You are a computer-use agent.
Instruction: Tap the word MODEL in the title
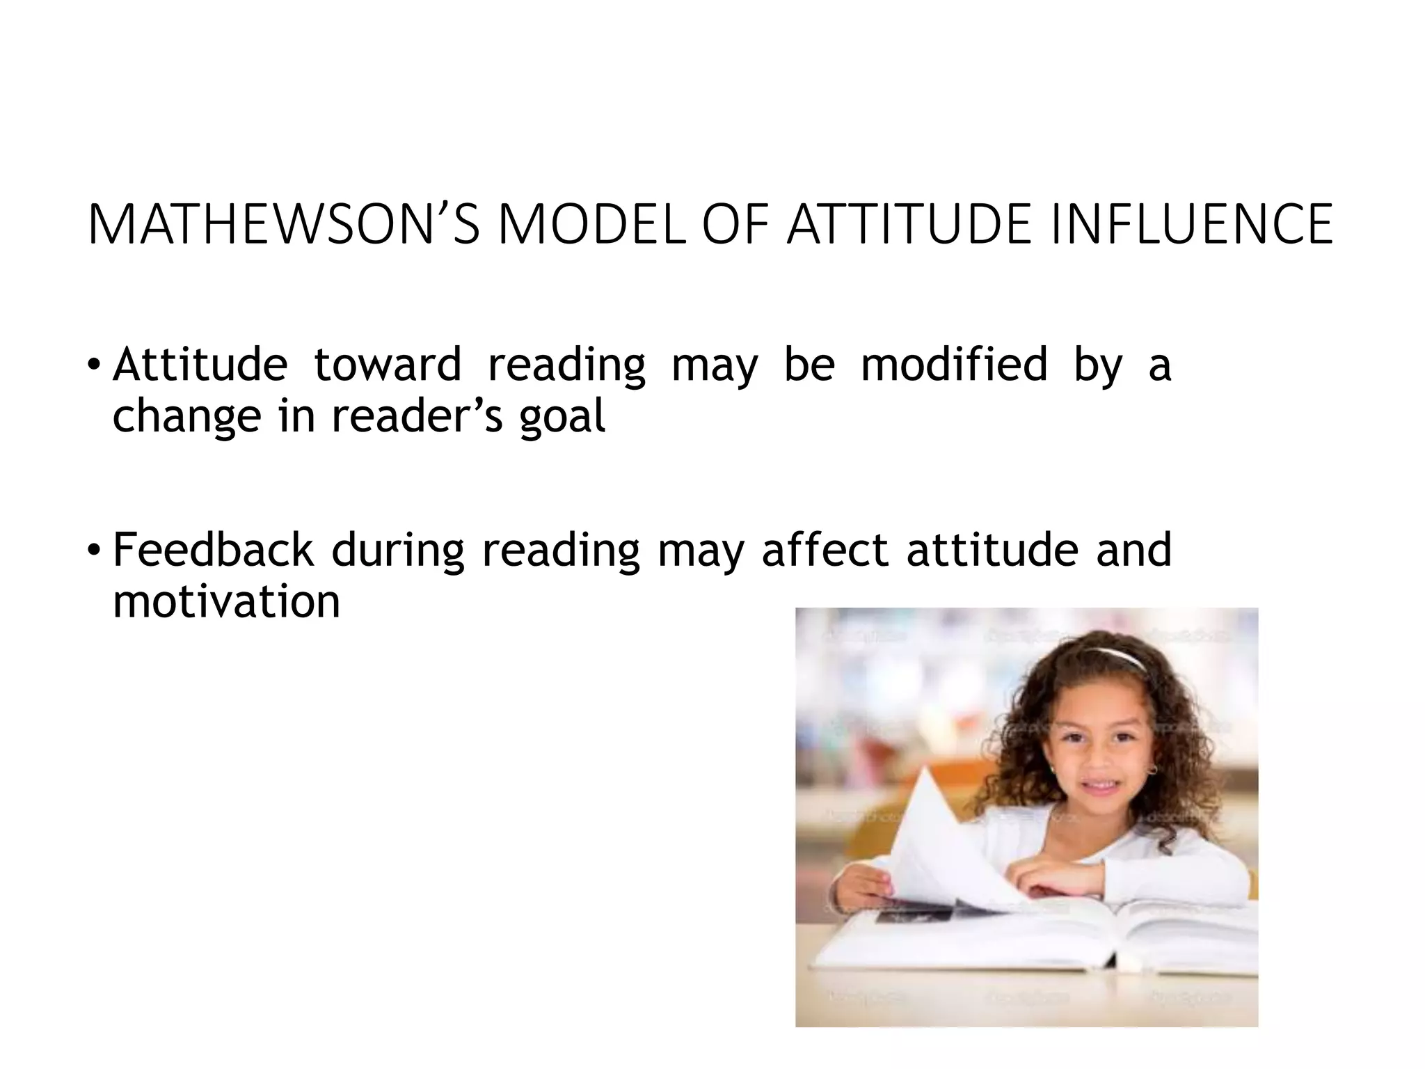pyautogui.click(x=592, y=225)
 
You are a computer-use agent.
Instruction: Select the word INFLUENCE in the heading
pyautogui.click(x=1191, y=225)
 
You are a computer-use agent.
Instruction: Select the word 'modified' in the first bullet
pyautogui.click(x=954, y=365)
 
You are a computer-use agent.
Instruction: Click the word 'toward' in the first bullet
pyautogui.click(x=387, y=365)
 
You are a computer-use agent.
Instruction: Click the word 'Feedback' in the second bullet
pyautogui.click(x=213, y=549)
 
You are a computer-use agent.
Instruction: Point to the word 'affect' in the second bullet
pyautogui.click(x=825, y=549)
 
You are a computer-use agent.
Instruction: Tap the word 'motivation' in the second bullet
pyautogui.click(x=226, y=601)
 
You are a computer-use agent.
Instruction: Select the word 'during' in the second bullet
pyautogui.click(x=397, y=551)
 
